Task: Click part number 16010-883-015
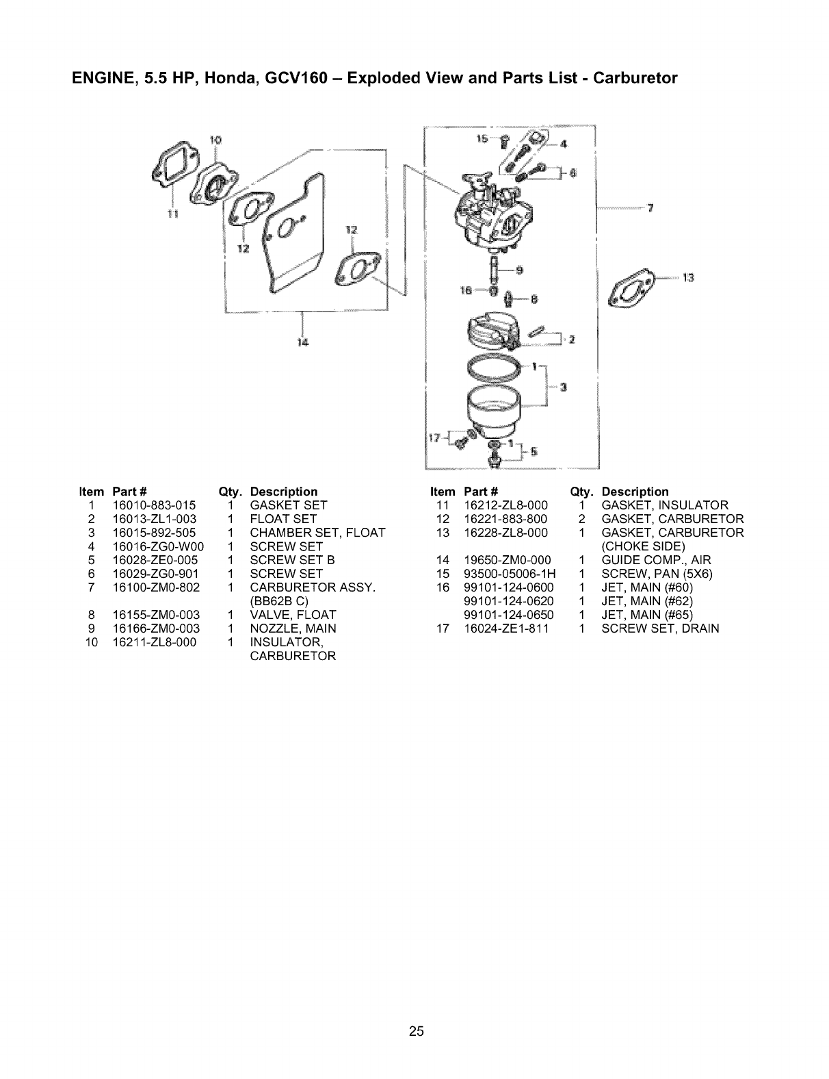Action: tap(153, 505)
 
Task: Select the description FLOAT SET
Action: tap(282, 519)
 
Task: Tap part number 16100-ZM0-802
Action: tap(156, 587)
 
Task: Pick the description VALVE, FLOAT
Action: tap(293, 615)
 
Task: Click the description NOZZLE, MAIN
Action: tap(293, 629)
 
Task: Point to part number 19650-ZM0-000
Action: tap(507, 560)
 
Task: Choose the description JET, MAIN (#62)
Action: tap(647, 601)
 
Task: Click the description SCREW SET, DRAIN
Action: tap(660, 629)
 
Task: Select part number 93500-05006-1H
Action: tap(510, 574)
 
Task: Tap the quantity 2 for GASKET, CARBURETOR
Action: tap(580, 519)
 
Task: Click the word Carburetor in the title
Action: tap(635, 78)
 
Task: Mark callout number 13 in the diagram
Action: tap(689, 278)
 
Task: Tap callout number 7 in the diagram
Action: tap(651, 210)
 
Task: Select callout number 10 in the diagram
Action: tap(215, 140)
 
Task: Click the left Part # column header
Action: tap(130, 492)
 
